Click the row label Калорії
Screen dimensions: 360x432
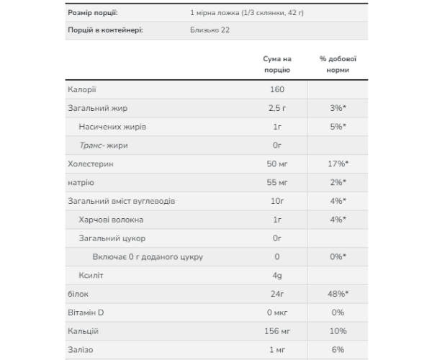pyautogui.click(x=81, y=89)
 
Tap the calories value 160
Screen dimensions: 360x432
pyautogui.click(x=278, y=89)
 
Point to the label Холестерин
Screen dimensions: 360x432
pyautogui.click(x=91, y=163)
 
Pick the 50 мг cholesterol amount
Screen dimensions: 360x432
pyautogui.click(x=278, y=163)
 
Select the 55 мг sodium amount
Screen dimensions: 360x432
pyautogui.click(x=278, y=182)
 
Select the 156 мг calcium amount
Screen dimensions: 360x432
pyautogui.click(x=278, y=331)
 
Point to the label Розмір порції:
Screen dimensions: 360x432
pyautogui.click(x=94, y=13)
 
